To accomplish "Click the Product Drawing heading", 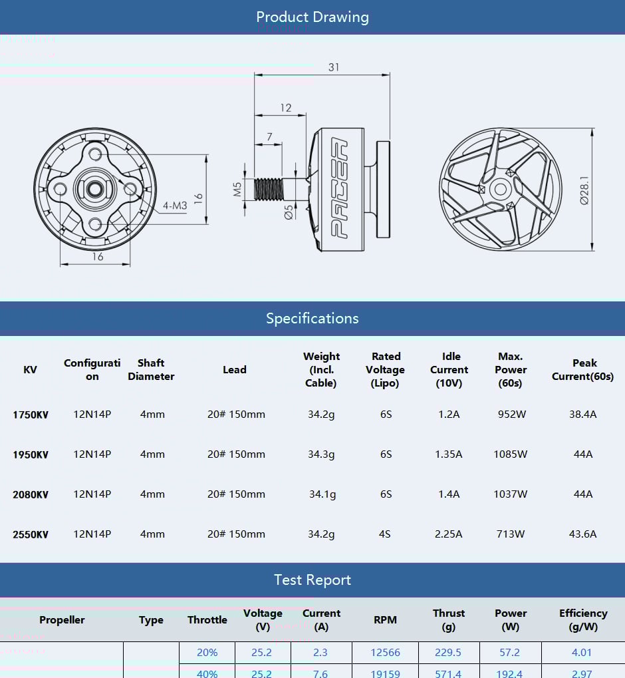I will coord(312,17).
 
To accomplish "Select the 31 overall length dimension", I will coord(333,67).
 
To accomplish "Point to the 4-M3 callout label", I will coord(175,206).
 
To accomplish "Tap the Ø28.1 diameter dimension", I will coord(584,190).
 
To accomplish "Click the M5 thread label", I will coord(237,190).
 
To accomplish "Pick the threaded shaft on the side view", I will coord(269,189).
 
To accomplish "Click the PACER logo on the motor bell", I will coord(340,189).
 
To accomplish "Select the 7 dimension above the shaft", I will coord(269,137).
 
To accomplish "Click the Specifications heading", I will coord(312,318).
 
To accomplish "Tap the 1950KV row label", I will coord(31,454).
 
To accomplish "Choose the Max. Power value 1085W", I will coord(511,454).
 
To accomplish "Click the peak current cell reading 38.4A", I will coord(582,415).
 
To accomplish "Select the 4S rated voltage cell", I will coord(385,534).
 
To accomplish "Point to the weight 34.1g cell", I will coord(322,494).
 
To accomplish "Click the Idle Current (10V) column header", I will coord(449,370).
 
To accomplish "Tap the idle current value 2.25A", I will coord(449,534).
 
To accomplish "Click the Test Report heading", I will coord(312,580).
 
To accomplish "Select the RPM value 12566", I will coord(385,653).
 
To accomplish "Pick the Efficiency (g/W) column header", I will coord(582,619).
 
